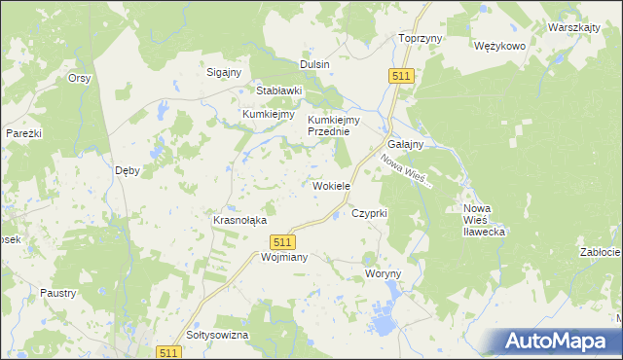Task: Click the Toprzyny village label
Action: [421, 38]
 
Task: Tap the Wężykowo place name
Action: [499, 46]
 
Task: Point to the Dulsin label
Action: [314, 64]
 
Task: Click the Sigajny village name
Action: [224, 71]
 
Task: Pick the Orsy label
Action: [79, 78]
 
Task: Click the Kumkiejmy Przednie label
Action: [334, 126]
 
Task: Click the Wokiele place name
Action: [331, 185]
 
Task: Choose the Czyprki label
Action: [370, 212]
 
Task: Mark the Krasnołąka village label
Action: [239, 220]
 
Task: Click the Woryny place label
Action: [383, 274]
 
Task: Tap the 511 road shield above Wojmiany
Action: [282, 241]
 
